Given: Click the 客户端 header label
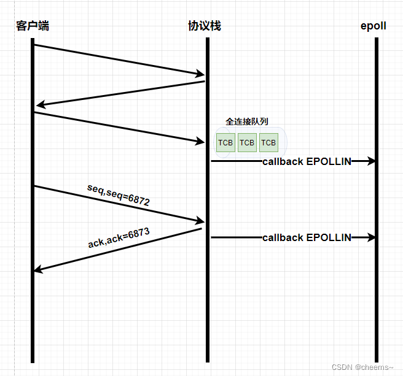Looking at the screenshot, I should (x=33, y=26).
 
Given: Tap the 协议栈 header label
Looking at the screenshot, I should (x=205, y=26).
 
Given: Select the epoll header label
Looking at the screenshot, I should (x=374, y=26).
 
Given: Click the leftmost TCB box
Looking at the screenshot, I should (x=225, y=143).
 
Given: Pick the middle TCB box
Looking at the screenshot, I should (x=247, y=143).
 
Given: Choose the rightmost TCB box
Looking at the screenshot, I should (x=268, y=143).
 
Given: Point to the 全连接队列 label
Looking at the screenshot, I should (x=247, y=122).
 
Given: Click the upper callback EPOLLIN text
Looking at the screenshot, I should (x=307, y=161).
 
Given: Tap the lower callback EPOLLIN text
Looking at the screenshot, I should (x=307, y=237).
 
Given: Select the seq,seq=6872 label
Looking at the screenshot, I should (x=119, y=196).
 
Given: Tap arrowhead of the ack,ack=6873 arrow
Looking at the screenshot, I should (x=38, y=269).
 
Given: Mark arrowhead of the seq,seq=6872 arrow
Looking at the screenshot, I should (x=200, y=221).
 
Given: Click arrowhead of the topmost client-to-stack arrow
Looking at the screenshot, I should (x=200, y=75).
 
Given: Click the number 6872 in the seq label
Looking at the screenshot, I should (x=139, y=200).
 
